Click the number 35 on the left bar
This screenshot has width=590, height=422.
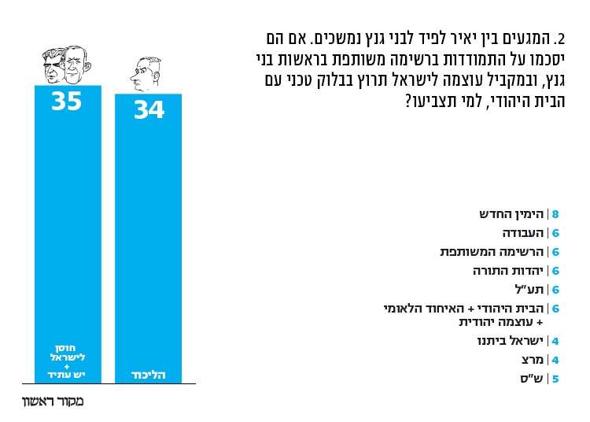tap(67, 102)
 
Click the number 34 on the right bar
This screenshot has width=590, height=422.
tap(149, 110)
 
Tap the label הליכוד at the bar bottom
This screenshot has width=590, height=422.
tap(148, 375)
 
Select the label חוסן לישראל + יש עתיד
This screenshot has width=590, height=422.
tap(67, 361)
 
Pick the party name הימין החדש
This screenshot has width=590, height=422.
tap(512, 214)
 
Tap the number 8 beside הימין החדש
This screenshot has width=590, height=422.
tap(555, 214)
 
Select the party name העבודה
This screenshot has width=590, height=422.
tap(523, 233)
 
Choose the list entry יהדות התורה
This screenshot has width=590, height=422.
tap(509, 271)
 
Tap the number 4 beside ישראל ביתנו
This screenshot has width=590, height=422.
tap(555, 341)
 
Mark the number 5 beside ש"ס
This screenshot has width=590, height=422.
tap(555, 379)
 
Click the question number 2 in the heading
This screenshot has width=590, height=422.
tap(560, 39)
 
